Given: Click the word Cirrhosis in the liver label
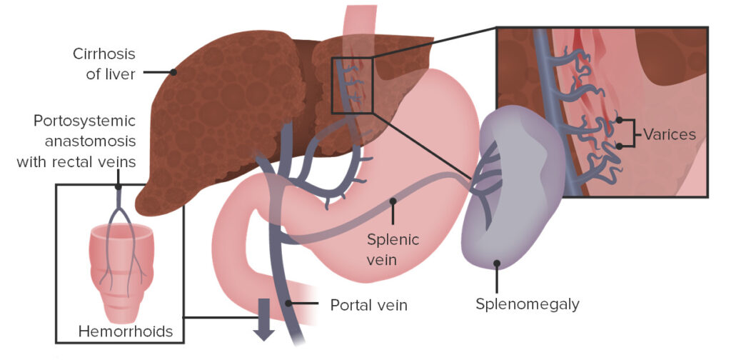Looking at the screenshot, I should click(x=105, y=54).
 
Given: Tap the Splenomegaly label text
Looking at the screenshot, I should click(x=528, y=304).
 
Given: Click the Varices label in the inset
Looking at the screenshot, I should click(x=669, y=134).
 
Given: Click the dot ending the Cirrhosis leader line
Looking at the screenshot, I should click(x=173, y=72).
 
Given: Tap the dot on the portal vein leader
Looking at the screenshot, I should click(x=289, y=304).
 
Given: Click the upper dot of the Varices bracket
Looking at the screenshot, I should click(x=620, y=120).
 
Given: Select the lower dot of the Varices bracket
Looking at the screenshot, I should click(x=620, y=146).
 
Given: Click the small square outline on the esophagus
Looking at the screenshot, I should click(x=353, y=85).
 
